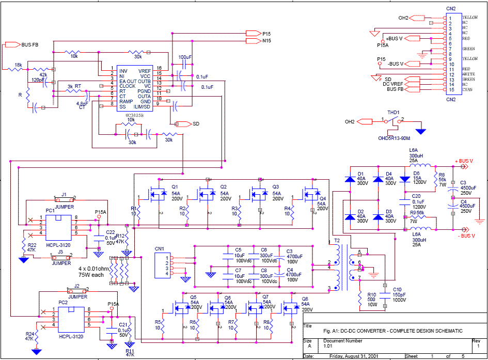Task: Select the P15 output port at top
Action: coord(253,34)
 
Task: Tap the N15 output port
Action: coord(253,40)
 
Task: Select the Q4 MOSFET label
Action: coord(323,198)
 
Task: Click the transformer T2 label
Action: coord(337,241)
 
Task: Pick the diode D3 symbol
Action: coord(379,216)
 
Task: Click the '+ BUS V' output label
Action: coord(464,162)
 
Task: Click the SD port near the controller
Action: coord(182,124)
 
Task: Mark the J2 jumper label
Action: coord(76,286)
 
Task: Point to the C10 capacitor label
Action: coord(397,289)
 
